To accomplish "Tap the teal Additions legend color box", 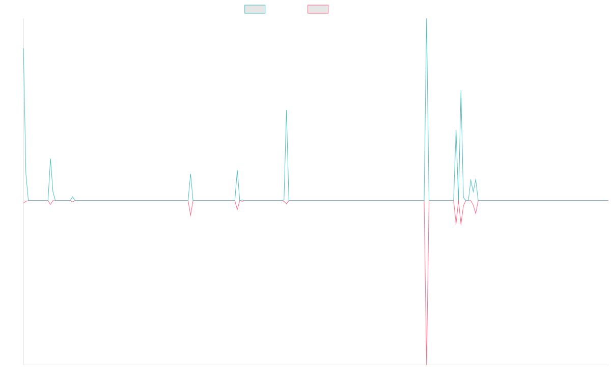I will click(x=255, y=9).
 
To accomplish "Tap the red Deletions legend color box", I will click(x=318, y=9).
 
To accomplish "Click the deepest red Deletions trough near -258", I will click(x=426, y=364).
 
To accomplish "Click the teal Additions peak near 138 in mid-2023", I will click(x=287, y=111).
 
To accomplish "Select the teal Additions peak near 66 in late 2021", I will click(x=50, y=159).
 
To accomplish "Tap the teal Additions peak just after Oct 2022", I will click(x=190, y=174).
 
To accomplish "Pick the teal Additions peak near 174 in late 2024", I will click(x=461, y=91).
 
